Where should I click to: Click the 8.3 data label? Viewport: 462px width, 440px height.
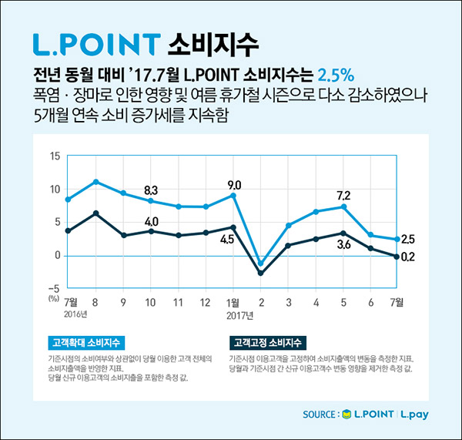(x=151, y=190)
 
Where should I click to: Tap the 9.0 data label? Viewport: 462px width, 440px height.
(x=234, y=185)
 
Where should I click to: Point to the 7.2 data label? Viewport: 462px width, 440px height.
(x=343, y=195)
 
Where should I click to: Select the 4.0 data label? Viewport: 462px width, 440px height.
(x=151, y=222)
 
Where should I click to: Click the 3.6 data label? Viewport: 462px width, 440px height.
(x=343, y=245)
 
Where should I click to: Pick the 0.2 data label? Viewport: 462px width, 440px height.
(x=409, y=257)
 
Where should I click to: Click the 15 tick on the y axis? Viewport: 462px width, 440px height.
(x=55, y=156)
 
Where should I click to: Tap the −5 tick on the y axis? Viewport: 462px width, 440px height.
(x=53, y=287)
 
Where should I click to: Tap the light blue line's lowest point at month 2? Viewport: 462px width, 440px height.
(x=261, y=264)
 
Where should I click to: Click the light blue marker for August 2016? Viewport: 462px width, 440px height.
(x=95, y=182)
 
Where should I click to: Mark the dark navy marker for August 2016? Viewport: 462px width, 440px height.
(x=95, y=213)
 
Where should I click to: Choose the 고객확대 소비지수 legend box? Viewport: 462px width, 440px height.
(x=82, y=341)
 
